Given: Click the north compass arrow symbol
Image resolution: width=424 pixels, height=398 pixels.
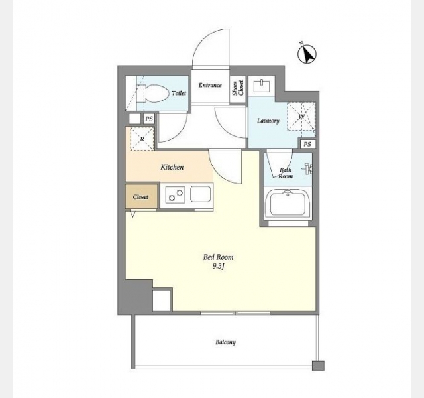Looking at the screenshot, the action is (307, 54).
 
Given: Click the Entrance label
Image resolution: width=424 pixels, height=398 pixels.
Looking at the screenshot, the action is (210, 85).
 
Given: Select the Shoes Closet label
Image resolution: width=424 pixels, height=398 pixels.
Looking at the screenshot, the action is (238, 88).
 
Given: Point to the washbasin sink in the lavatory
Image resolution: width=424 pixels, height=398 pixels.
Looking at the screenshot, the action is (262, 86).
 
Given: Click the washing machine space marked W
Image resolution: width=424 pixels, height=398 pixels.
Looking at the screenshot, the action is (301, 117).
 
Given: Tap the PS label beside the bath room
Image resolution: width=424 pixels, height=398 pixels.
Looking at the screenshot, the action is (307, 144).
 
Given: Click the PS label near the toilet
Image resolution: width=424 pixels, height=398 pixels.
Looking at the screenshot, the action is (149, 119).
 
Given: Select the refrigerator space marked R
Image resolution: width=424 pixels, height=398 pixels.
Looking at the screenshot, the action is (142, 139).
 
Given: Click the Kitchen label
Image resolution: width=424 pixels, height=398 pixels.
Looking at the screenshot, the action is (172, 167).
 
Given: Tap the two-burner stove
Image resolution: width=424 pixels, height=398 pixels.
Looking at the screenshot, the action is (176, 195).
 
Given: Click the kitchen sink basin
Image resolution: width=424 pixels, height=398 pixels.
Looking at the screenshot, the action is (200, 194).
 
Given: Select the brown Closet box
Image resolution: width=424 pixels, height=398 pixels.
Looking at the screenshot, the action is (141, 197).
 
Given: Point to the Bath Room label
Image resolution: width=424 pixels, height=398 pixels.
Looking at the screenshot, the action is (286, 173).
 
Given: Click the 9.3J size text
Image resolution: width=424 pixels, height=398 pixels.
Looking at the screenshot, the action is (219, 267).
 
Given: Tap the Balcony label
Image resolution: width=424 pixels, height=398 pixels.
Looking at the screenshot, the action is (225, 342).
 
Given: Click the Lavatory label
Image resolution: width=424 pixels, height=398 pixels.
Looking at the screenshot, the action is (268, 121).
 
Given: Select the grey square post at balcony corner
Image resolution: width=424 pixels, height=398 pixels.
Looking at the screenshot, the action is (318, 365).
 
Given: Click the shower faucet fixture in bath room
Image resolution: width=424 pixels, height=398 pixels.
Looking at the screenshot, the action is (307, 168).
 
